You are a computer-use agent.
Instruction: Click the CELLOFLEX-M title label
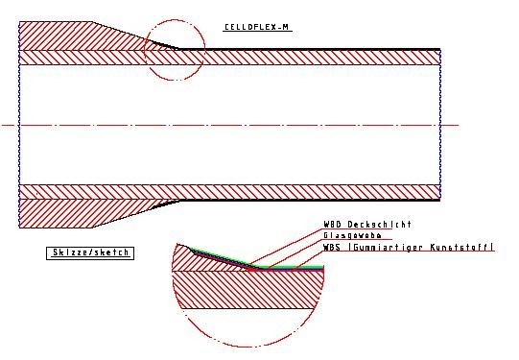tap(256, 27)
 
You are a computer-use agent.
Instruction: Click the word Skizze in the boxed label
tap(68, 252)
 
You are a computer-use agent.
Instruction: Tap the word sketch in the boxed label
tap(107, 252)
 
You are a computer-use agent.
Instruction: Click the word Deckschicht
tap(379, 225)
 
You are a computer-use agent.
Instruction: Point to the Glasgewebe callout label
tap(352, 236)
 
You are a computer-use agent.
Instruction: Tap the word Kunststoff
tap(460, 247)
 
